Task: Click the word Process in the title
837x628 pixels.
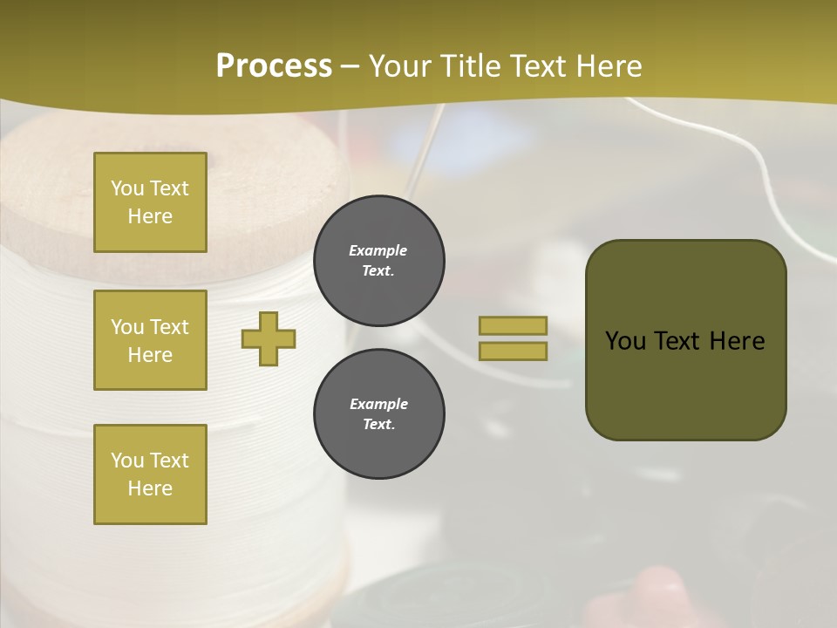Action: point(274,66)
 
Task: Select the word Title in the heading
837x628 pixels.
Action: point(466,66)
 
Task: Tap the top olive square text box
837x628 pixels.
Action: point(150,202)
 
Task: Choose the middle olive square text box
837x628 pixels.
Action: point(150,340)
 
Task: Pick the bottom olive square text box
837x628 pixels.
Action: point(150,474)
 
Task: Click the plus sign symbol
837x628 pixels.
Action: point(269,338)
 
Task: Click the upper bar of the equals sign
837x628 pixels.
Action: point(513,325)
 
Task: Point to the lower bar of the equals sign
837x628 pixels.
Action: point(513,351)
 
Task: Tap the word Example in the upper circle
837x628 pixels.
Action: point(378,250)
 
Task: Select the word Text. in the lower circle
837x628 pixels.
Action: point(378,425)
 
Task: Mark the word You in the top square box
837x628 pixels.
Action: point(127,188)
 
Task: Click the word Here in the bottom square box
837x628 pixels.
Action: point(150,488)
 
